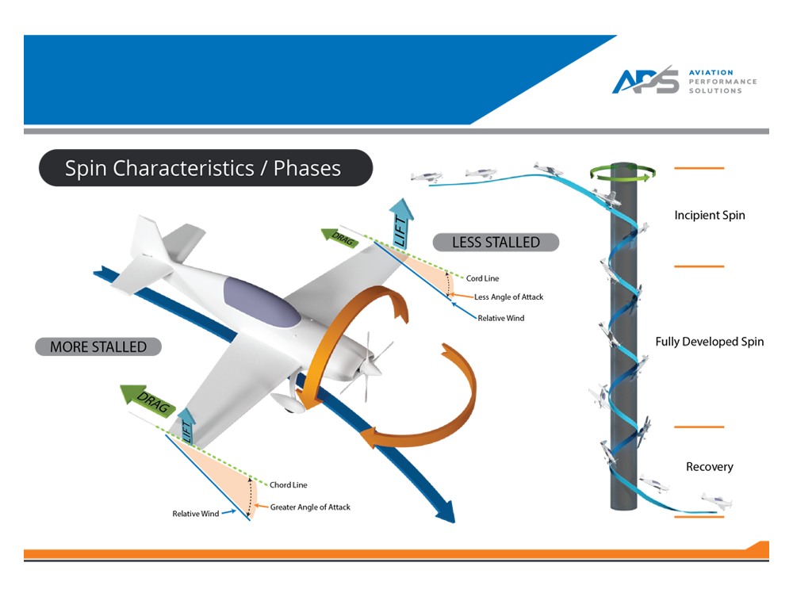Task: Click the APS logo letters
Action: (645, 81)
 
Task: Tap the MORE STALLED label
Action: (98, 347)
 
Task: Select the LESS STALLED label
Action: (496, 243)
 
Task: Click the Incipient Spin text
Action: (710, 216)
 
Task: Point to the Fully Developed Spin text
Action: (710, 343)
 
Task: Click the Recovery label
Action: (710, 467)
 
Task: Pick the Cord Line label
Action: (482, 279)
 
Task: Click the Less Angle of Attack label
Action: (508, 297)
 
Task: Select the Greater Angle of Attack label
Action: (310, 507)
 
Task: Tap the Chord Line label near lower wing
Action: (288, 485)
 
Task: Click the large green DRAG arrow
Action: (144, 402)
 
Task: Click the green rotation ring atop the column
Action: (622, 173)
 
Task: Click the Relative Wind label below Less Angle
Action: (500, 318)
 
